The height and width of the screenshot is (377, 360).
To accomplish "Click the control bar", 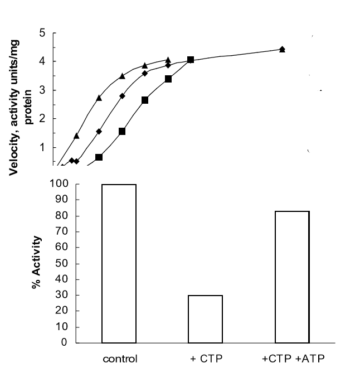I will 119,263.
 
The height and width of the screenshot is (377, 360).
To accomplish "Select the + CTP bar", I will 206,318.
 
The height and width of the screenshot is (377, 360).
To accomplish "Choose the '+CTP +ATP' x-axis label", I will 292,359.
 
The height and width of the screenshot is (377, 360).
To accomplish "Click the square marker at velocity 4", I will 191,60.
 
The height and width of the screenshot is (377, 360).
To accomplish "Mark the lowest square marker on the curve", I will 99,157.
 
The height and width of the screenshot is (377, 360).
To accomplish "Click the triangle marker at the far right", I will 282,49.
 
